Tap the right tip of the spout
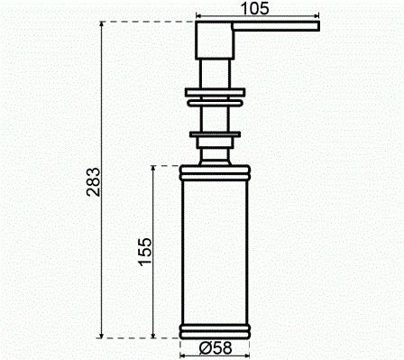(x=317, y=31)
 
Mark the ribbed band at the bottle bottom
(x=216, y=329)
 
